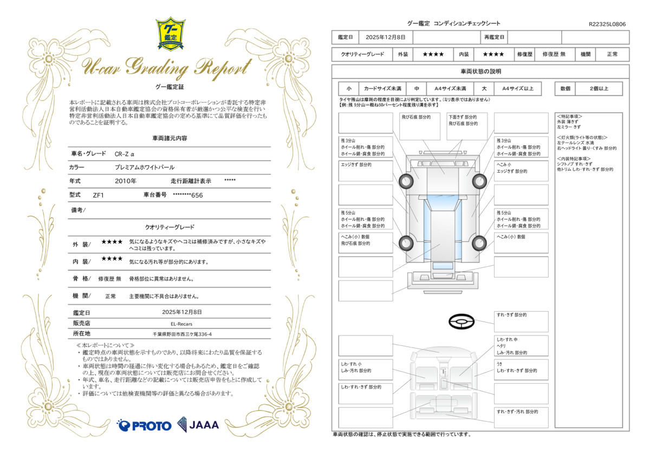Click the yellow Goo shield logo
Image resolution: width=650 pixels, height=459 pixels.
pyautogui.click(x=171, y=34)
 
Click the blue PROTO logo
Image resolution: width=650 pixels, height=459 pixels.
pyautogui.click(x=144, y=425)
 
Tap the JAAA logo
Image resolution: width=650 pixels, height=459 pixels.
pyautogui.click(x=198, y=425)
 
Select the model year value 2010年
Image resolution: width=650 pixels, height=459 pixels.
pyautogui.click(x=125, y=181)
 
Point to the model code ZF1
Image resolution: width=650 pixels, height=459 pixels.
pyautogui.click(x=99, y=195)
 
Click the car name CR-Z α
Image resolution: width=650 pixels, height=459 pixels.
pyautogui.click(x=125, y=154)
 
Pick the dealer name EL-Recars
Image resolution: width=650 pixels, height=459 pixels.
pyautogui.click(x=181, y=324)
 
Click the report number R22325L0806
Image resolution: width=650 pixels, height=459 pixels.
pyautogui.click(x=607, y=24)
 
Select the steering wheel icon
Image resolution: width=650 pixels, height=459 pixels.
pyautogui.click(x=461, y=322)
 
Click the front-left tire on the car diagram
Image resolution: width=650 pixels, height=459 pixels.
pyautogui.click(x=406, y=181)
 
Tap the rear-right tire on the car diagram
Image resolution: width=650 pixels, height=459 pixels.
pyautogui.click(x=479, y=243)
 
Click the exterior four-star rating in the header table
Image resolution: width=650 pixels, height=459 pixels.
pyautogui.click(x=433, y=54)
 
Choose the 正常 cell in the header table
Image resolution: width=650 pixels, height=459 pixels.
pyautogui.click(x=612, y=54)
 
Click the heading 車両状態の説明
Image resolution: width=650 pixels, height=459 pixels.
pyautogui.click(x=480, y=71)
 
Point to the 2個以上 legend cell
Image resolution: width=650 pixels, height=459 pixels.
pyautogui.click(x=599, y=89)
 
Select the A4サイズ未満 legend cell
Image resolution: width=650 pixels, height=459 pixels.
pyautogui.click(x=450, y=89)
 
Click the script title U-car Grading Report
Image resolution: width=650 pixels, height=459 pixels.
pyautogui.click(x=166, y=68)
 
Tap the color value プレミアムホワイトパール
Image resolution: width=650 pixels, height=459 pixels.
pyautogui.click(x=145, y=167)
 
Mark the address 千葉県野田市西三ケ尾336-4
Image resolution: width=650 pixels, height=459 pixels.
pyautogui.click(x=182, y=335)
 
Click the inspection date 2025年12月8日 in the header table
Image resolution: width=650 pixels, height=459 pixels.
pyautogui.click(x=385, y=37)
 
